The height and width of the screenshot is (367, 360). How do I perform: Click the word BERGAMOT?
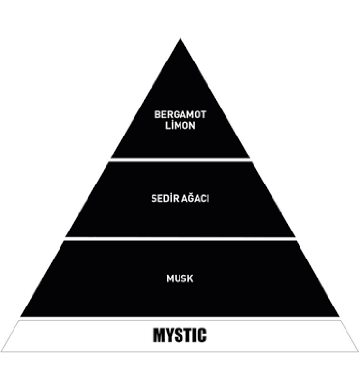click(180, 115)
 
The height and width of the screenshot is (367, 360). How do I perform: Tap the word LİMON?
click(180, 125)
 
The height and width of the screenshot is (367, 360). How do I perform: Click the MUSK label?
click(180, 278)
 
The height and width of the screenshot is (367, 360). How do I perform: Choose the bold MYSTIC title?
click(180, 335)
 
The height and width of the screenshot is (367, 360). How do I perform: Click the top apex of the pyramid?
click(180, 39)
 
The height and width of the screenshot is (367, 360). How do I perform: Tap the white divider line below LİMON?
click(180, 160)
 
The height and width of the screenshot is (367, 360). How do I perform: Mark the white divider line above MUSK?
click(180, 239)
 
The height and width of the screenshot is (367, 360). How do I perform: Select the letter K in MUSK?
click(190, 278)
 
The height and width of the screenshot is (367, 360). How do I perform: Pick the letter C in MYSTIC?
click(202, 335)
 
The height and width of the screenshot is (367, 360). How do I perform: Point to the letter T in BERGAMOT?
click(202, 115)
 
